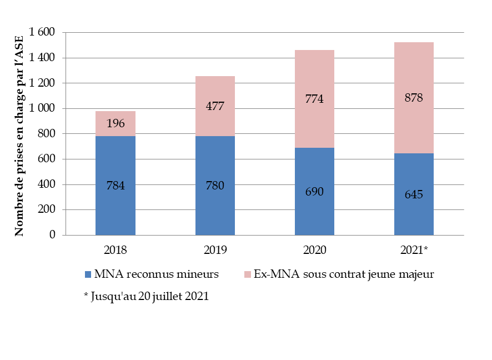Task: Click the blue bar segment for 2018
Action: pyautogui.click(x=116, y=211)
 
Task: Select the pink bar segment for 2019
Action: pyautogui.click(x=215, y=119)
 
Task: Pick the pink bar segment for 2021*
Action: pyautogui.click(x=414, y=122)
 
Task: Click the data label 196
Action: pyautogui.click(x=116, y=123)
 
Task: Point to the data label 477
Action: pyautogui.click(x=215, y=106)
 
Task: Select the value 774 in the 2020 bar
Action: pyautogui.click(x=314, y=99)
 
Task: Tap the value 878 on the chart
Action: pyautogui.click(x=414, y=98)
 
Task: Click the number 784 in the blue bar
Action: pyautogui.click(x=116, y=186)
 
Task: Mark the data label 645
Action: pyautogui.click(x=414, y=194)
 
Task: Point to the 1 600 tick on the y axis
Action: pyautogui.click(x=42, y=33)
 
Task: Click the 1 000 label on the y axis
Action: pyautogui.click(x=42, y=109)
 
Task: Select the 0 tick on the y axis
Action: pyautogui.click(x=52, y=235)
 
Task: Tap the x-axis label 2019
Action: pyautogui.click(x=215, y=250)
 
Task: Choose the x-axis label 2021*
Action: pyautogui.click(x=414, y=250)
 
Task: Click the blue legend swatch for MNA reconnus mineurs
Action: pyautogui.click(x=88, y=274)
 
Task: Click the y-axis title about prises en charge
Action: pyautogui.click(x=19, y=134)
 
